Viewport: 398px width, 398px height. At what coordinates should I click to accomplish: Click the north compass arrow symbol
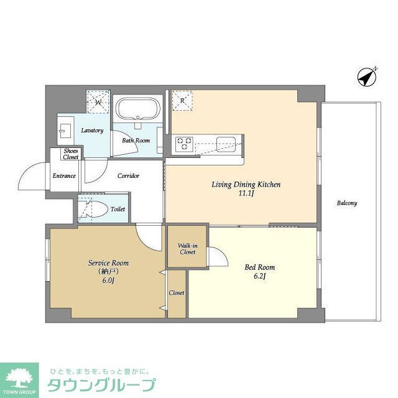point(368,78)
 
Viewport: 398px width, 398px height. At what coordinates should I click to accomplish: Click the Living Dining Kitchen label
point(247,185)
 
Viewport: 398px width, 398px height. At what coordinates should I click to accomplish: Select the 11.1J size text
point(247,194)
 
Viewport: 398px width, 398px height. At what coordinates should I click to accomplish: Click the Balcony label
point(347,203)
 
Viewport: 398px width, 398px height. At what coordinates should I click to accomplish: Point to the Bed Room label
point(259,267)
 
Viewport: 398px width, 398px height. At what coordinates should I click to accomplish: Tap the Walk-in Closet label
point(187,248)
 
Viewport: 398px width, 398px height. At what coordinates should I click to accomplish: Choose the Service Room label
point(108,263)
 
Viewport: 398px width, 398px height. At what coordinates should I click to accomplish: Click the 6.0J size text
point(108,280)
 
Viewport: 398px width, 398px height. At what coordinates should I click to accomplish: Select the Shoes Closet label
point(71,154)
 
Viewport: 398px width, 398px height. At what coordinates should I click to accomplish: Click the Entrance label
point(64,176)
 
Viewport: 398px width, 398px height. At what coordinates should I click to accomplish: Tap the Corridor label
point(128,176)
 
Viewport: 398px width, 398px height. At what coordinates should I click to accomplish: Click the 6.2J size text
point(259,277)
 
